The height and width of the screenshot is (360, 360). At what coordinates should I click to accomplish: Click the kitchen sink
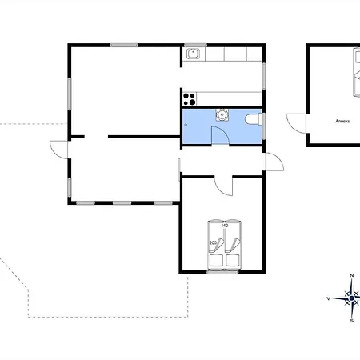pyautogui.click(x=194, y=54)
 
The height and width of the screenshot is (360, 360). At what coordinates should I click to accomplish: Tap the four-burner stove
pyautogui.click(x=190, y=99)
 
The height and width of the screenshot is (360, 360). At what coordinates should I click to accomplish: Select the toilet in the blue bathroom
pyautogui.click(x=253, y=119)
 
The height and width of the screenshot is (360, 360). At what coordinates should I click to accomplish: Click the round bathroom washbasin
pyautogui.click(x=222, y=114)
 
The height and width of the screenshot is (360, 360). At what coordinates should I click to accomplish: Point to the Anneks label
pyautogui.click(x=342, y=121)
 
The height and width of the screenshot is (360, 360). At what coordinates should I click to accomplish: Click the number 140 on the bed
pyautogui.click(x=225, y=226)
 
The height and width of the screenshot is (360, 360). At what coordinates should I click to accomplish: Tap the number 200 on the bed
pyautogui.click(x=213, y=242)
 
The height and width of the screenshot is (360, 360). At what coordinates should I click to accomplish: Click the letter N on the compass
pyautogui.click(x=352, y=275)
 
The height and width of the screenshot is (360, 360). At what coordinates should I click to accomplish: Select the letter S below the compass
pyautogui.click(x=352, y=321)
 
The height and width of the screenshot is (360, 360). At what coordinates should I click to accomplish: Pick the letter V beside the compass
pyautogui.click(x=329, y=298)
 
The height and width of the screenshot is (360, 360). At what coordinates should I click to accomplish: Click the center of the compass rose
pyautogui.click(x=351, y=298)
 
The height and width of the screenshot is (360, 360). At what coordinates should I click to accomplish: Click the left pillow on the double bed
pyautogui.click(x=216, y=261)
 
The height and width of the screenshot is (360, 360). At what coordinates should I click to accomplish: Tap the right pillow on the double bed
pyautogui.click(x=233, y=261)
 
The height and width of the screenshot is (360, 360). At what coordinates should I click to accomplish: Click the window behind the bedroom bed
pyautogui.click(x=222, y=272)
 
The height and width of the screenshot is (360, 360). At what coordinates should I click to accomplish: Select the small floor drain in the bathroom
pyautogui.click(x=186, y=125)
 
